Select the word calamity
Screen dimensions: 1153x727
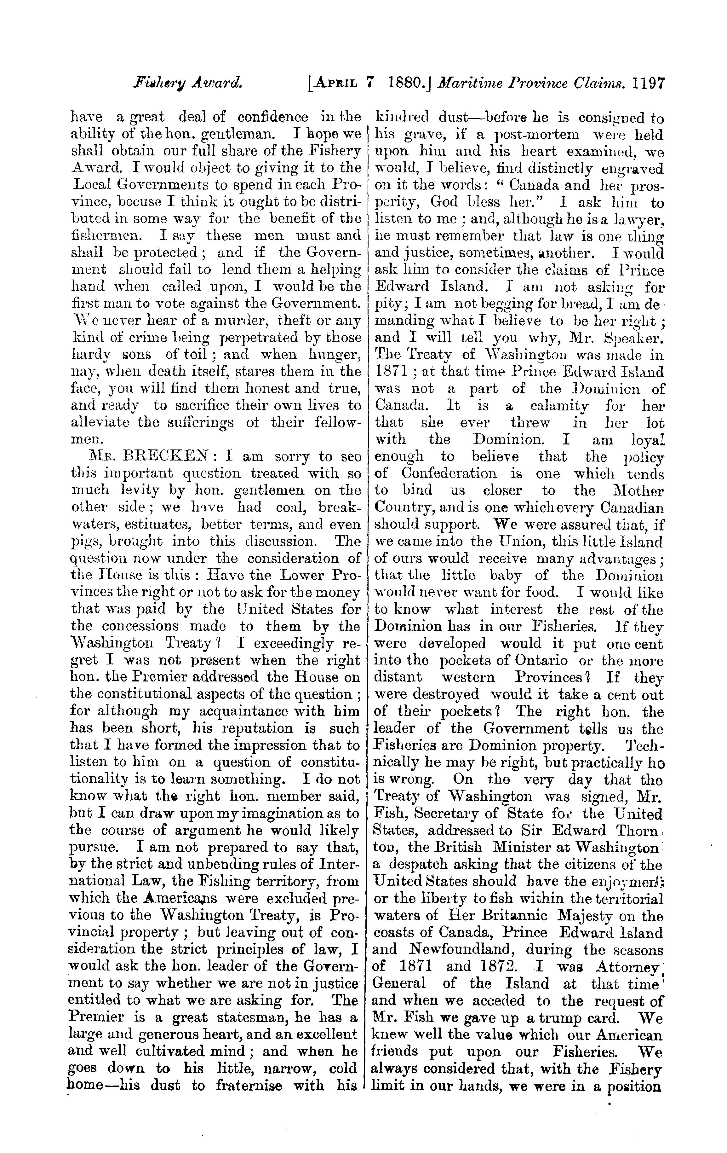pos(559,406)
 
